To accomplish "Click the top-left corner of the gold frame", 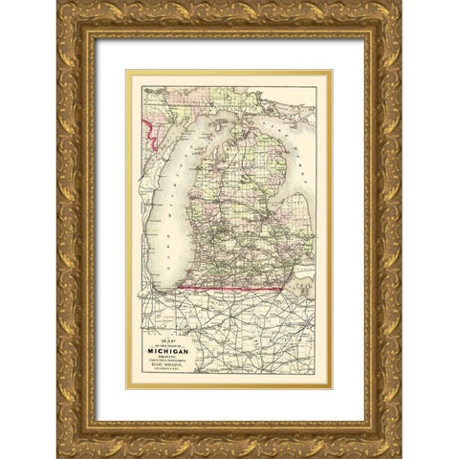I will click(x=60, y=6).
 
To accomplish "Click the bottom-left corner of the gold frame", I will click(x=60, y=453).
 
